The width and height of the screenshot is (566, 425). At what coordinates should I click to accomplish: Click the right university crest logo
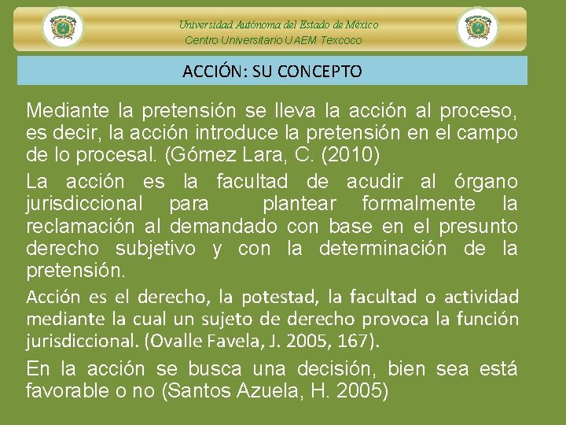[x=477, y=28]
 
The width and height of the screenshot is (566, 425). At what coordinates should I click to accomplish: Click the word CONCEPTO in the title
[x=324, y=72]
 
